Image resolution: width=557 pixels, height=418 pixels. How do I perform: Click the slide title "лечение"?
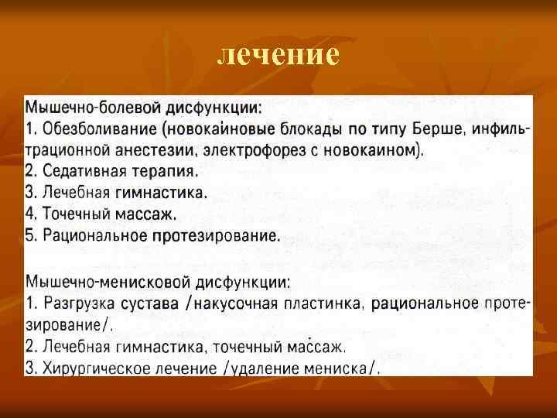pyautogui.click(x=278, y=54)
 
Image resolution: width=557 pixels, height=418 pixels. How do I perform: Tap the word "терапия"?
pyautogui.click(x=163, y=170)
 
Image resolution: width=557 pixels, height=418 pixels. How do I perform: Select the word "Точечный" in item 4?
pyautogui.click(x=76, y=214)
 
